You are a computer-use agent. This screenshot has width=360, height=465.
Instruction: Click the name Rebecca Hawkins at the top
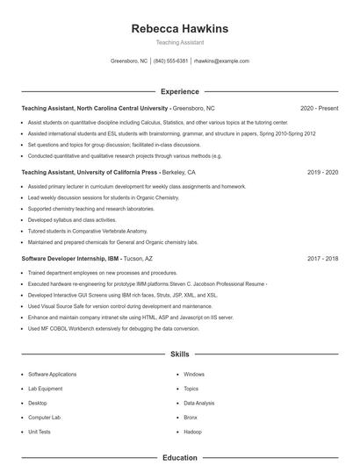coord(179,28)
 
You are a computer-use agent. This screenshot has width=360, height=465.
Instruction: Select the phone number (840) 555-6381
coord(170,61)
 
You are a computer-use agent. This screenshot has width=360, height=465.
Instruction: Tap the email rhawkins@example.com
coord(221,61)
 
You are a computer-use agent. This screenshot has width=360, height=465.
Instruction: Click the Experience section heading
coord(179,91)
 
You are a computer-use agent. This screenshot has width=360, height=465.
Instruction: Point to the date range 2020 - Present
coord(319,108)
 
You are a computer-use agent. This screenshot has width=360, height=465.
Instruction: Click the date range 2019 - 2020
coord(322,173)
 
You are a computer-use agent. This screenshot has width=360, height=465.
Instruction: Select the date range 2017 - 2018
coord(322,259)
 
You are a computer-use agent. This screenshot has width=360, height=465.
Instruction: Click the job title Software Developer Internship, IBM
coord(69,259)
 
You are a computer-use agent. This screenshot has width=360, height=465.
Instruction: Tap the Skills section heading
coord(179,354)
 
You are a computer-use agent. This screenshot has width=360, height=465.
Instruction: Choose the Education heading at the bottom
coord(179,457)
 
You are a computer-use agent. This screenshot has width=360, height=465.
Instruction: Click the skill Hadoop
coord(192,432)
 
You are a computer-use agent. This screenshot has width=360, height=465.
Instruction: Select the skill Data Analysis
coord(198,403)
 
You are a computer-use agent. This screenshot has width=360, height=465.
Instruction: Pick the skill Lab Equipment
coord(45,389)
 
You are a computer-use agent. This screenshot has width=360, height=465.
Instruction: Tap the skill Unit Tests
coord(40,432)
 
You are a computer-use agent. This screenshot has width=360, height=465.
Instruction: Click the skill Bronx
coord(191,418)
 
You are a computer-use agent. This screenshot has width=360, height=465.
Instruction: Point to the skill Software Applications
coord(53,374)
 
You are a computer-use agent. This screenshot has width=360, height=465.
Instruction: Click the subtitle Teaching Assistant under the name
coord(179,42)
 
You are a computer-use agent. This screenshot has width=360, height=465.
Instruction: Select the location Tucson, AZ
coord(138,259)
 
